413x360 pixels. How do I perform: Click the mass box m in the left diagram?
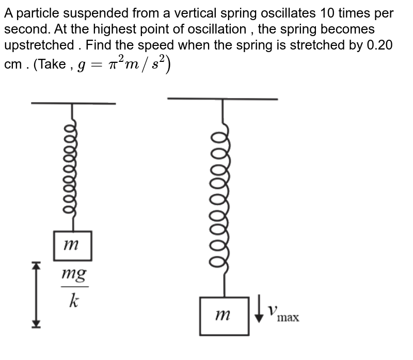[73, 246]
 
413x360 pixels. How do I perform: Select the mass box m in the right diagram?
[224, 315]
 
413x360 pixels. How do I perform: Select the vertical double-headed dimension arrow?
[35, 294]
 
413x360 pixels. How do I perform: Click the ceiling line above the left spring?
[73, 103]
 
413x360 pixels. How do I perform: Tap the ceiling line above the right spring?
[223, 98]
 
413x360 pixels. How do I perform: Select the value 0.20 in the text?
[379, 44]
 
